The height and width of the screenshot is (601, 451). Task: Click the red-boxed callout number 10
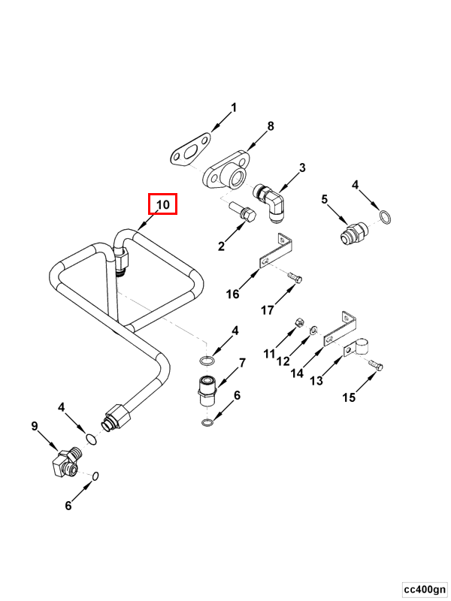point(163,204)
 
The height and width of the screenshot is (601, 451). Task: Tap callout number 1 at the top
point(233,107)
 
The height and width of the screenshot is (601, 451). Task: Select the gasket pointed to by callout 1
point(187,148)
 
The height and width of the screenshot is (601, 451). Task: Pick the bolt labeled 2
point(241,213)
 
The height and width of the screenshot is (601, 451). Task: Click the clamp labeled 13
point(356,348)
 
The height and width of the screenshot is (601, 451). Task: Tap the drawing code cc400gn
point(424,587)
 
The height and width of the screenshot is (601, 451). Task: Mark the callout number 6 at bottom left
point(68,506)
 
